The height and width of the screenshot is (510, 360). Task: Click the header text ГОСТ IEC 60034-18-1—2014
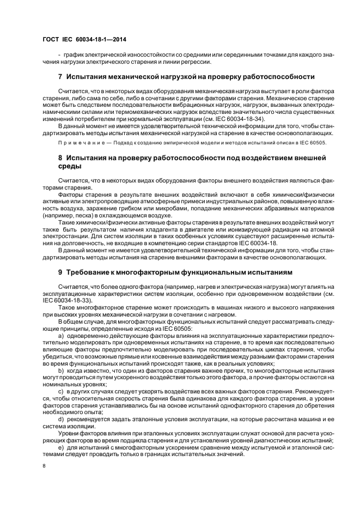80,40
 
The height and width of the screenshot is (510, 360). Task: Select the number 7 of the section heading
60,76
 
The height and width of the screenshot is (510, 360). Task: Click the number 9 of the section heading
60,271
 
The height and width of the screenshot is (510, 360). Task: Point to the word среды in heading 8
69,166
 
